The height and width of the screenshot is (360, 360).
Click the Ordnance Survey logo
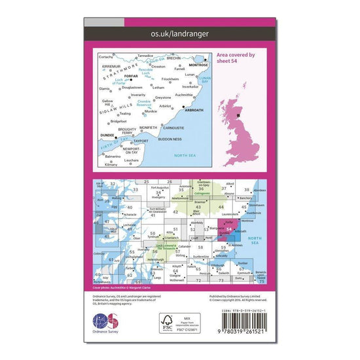(x=107, y=323)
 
